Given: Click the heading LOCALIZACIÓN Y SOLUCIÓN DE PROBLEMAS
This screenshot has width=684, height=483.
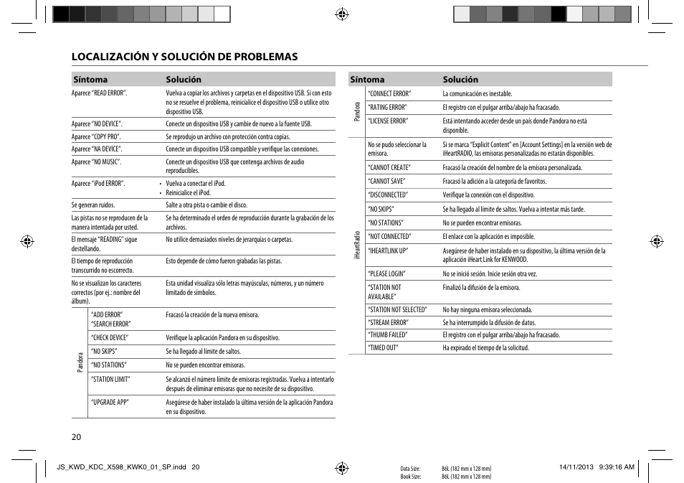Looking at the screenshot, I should pos(184,57).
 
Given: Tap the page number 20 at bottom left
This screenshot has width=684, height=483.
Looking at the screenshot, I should pos(76,436).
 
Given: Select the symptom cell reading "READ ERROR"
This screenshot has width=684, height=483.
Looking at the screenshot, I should pos(99,93).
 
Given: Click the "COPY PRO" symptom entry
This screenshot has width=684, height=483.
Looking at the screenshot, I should pos(96,136).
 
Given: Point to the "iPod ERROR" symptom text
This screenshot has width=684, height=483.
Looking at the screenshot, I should pos(98,184).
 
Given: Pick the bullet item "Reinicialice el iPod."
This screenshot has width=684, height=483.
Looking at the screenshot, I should pos(188,193).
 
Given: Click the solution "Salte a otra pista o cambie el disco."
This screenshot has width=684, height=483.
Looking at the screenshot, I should pos(206,205).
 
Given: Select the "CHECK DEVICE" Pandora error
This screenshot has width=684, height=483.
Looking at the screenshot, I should pos(110,337).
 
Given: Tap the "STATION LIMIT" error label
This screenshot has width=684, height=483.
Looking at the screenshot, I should pos(110,379).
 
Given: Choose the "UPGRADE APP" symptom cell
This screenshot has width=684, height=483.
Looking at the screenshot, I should pos(110,403).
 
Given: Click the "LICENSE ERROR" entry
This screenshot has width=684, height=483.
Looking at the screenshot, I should pos(388,121).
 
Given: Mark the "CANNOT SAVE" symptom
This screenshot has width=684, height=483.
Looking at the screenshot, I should pos(386,182).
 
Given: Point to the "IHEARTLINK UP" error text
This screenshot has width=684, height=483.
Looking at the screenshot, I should pos(388,251).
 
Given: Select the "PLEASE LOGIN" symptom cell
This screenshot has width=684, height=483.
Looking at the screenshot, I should pos(386,274).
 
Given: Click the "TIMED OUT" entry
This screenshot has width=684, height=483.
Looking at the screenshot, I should pos(383,348).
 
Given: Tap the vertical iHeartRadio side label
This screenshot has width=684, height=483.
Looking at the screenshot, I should pos(357,245).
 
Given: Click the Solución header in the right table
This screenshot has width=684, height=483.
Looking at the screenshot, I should pos(460,80).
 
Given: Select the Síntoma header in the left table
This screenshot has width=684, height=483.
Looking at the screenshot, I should pos(90,80).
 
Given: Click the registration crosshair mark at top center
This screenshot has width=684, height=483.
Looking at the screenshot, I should pos(342,14).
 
